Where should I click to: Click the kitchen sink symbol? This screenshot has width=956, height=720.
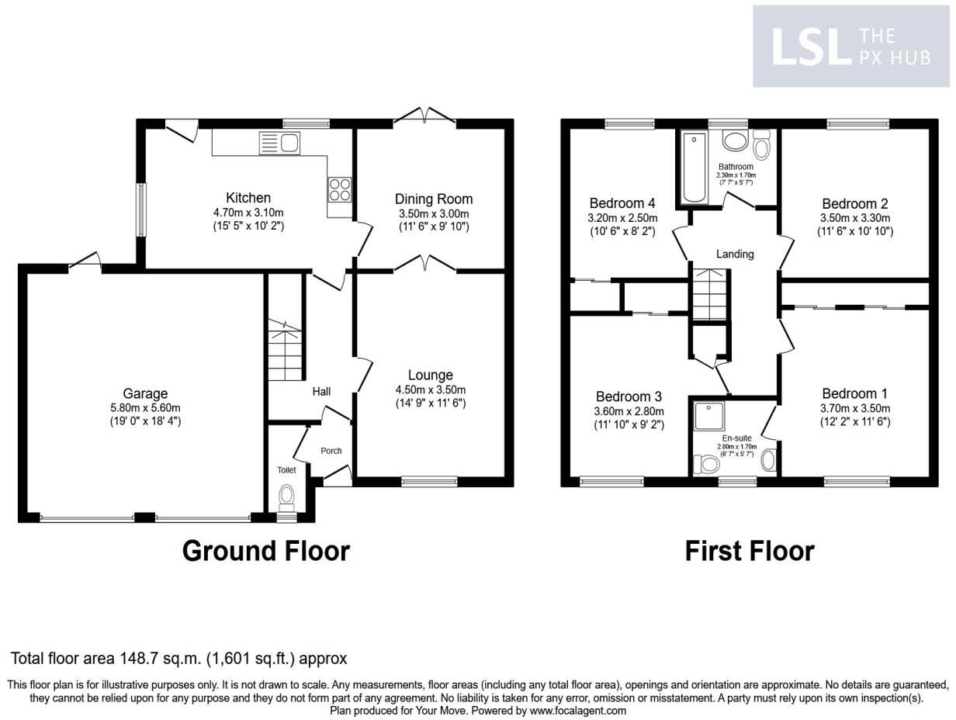pyautogui.click(x=280, y=144)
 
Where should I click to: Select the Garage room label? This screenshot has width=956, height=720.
pyautogui.click(x=145, y=394)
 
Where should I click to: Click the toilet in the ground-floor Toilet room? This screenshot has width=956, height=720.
pyautogui.click(x=287, y=496)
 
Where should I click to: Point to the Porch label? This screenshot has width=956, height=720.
pyautogui.click(x=331, y=451)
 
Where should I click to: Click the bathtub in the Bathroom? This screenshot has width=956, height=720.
pyautogui.click(x=693, y=168)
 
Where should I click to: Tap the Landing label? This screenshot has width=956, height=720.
pyautogui.click(x=734, y=254)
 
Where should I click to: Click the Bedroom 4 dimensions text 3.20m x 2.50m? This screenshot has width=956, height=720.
pyautogui.click(x=623, y=218)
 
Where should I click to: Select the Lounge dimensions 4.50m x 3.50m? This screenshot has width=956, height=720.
pyautogui.click(x=431, y=389)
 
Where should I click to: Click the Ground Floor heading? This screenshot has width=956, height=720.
pyautogui.click(x=266, y=551)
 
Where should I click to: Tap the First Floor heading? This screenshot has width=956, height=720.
pyautogui.click(x=749, y=551)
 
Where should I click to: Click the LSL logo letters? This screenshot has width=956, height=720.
pyautogui.click(x=807, y=47)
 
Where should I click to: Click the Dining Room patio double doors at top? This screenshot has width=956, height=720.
pyautogui.click(x=424, y=117)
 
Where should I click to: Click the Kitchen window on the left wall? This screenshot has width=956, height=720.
pyautogui.click(x=141, y=209)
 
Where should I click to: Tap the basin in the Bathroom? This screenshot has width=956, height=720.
pyautogui.click(x=733, y=141)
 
